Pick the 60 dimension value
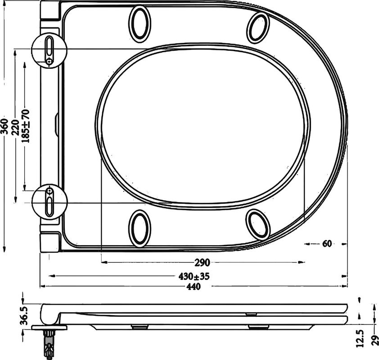(327, 244)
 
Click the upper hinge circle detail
(50, 51)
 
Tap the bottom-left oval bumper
(140, 228)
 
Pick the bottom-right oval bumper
(259, 224)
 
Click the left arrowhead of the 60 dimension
(307, 244)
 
